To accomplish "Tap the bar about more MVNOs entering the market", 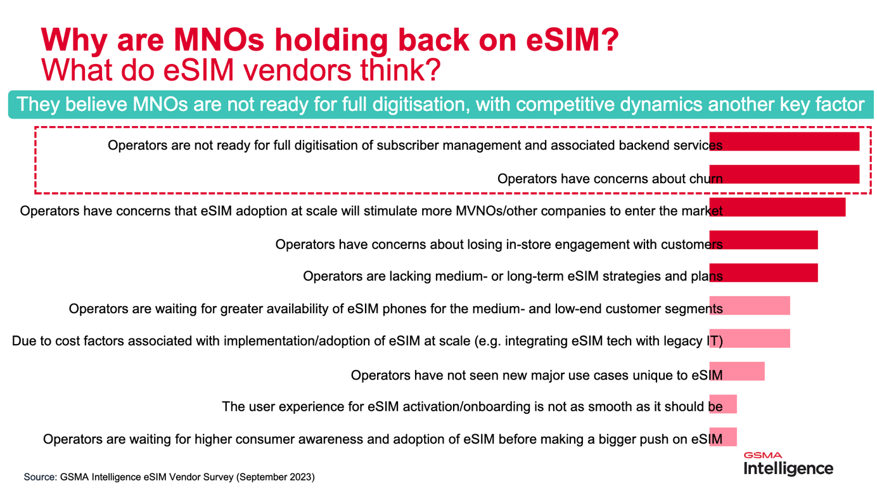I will click(778, 207).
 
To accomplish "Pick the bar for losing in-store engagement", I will click(764, 240).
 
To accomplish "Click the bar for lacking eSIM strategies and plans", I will click(764, 273).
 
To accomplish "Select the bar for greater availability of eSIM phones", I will click(750, 305).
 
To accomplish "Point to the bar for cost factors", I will click(750, 338).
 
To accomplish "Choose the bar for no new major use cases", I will click(737, 371).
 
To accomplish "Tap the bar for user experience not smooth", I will click(723, 404).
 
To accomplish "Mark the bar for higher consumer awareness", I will click(723, 437).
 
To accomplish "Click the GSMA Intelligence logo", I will click(788, 464).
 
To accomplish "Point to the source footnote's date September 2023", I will click(276, 477).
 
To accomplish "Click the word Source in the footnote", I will click(39, 477).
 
